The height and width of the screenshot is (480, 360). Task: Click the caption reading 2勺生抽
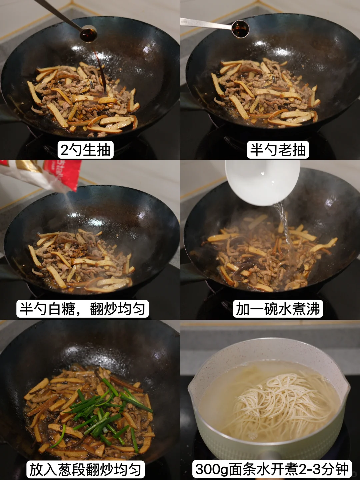(x=85, y=150)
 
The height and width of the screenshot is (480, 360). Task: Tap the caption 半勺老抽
(x=278, y=150)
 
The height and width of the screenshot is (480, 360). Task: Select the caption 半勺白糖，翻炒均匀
(x=82, y=309)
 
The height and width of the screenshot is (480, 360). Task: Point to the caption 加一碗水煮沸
(x=278, y=309)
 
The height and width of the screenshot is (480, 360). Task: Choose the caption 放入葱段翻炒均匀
(x=85, y=469)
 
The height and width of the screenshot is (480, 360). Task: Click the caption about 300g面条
(x=272, y=469)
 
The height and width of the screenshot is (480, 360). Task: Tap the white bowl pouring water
(x=262, y=183)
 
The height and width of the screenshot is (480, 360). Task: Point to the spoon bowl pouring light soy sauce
(x=89, y=33)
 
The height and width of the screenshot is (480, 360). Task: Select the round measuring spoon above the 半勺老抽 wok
(x=240, y=29)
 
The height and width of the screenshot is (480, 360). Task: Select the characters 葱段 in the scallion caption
(x=72, y=469)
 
